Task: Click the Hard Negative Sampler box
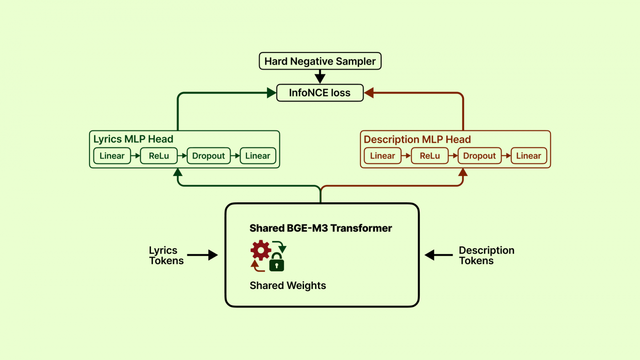320,61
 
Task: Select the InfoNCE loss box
320,93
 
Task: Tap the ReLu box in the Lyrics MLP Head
159,156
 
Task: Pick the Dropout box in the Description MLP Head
479,156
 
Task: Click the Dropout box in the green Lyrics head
208,156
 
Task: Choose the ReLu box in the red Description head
430,156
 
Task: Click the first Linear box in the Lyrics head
112,156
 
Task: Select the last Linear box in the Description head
528,156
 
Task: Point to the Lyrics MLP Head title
133,139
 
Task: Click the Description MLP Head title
417,140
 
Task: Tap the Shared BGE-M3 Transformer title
321,228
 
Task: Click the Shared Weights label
288,286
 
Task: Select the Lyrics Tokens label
166,255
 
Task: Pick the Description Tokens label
486,255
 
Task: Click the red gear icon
261,250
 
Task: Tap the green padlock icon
277,263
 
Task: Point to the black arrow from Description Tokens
439,255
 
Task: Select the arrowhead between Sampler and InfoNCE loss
320,77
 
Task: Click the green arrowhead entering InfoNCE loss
271,93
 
